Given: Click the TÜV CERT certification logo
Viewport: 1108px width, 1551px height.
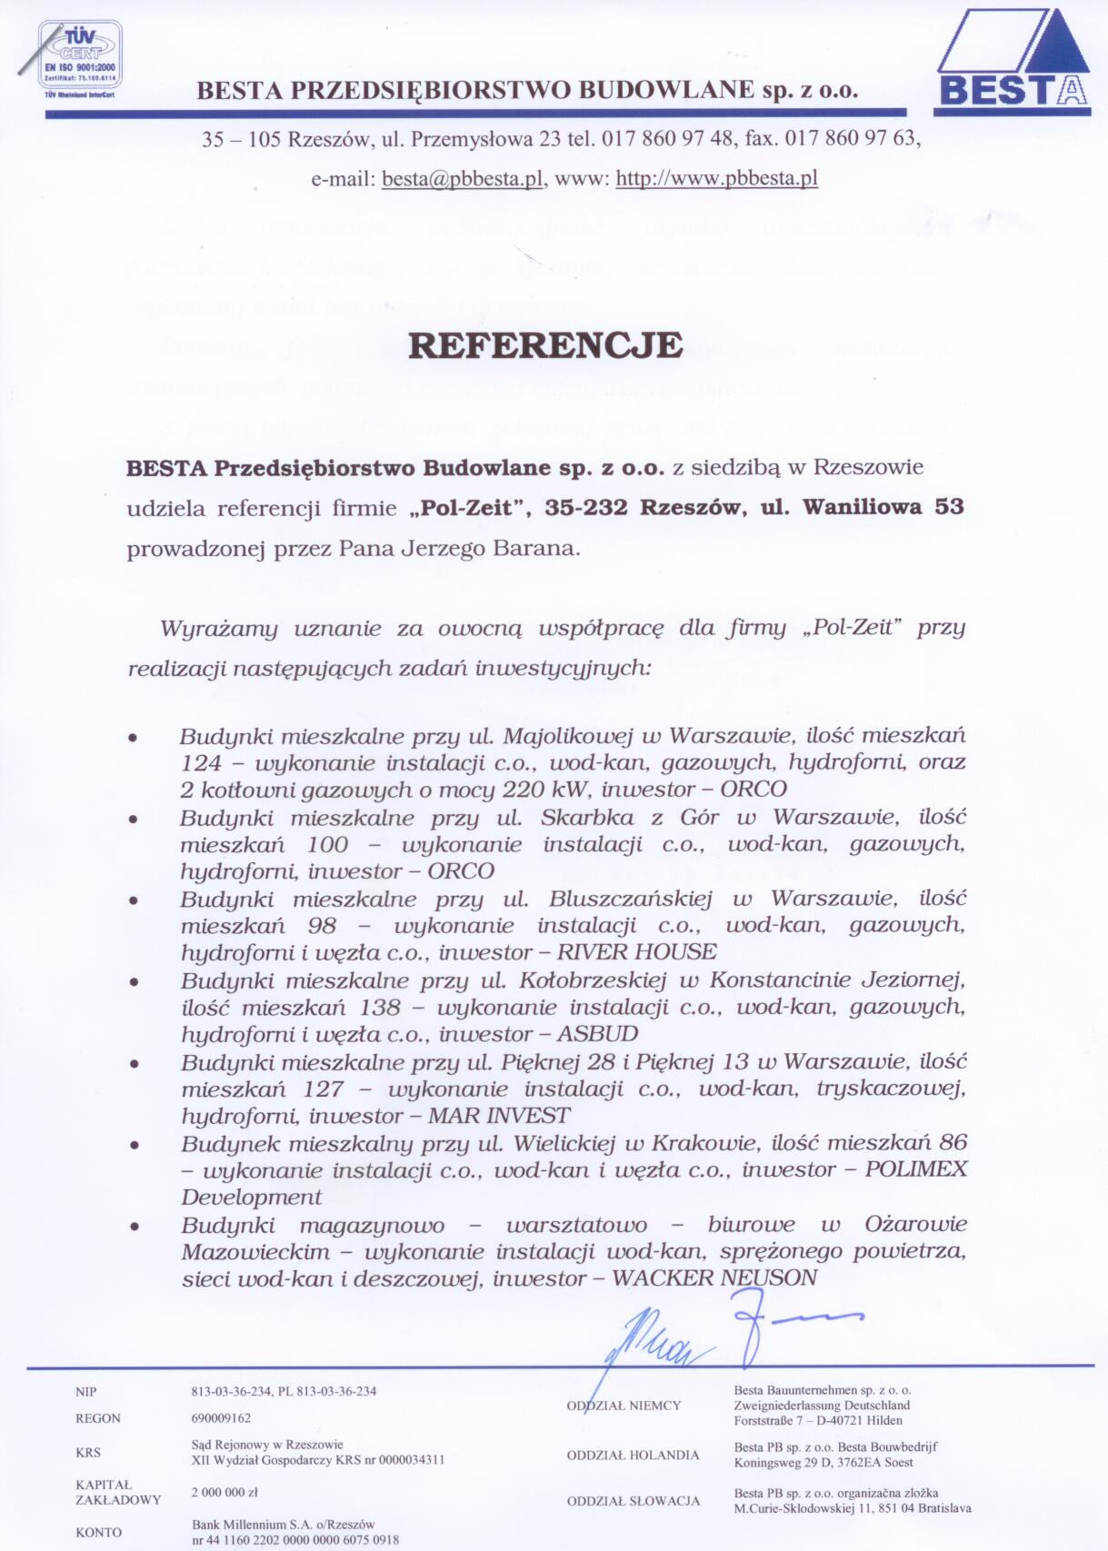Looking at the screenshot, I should click(79, 58).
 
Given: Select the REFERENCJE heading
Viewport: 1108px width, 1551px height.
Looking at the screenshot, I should click(545, 346).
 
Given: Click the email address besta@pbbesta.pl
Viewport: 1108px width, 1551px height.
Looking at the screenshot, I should click(463, 178).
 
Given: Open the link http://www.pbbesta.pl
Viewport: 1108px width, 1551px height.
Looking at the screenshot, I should click(716, 178).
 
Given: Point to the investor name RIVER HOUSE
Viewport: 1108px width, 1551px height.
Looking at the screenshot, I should click(636, 952).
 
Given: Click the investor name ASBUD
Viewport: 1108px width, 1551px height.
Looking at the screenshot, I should click(597, 1034).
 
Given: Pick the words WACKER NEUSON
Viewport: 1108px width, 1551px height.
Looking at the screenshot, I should click(714, 1278).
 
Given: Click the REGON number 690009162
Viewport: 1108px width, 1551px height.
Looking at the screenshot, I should click(221, 1418).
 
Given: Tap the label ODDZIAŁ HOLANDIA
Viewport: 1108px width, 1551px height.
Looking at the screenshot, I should click(633, 1456).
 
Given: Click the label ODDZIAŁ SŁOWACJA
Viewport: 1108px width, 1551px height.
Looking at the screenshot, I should click(634, 1501).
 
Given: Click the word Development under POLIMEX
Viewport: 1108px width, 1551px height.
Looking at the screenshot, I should click(251, 1198).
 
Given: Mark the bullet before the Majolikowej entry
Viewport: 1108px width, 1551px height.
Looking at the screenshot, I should click(134, 738).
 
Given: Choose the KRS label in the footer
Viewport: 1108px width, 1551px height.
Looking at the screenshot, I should click(88, 1453).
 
